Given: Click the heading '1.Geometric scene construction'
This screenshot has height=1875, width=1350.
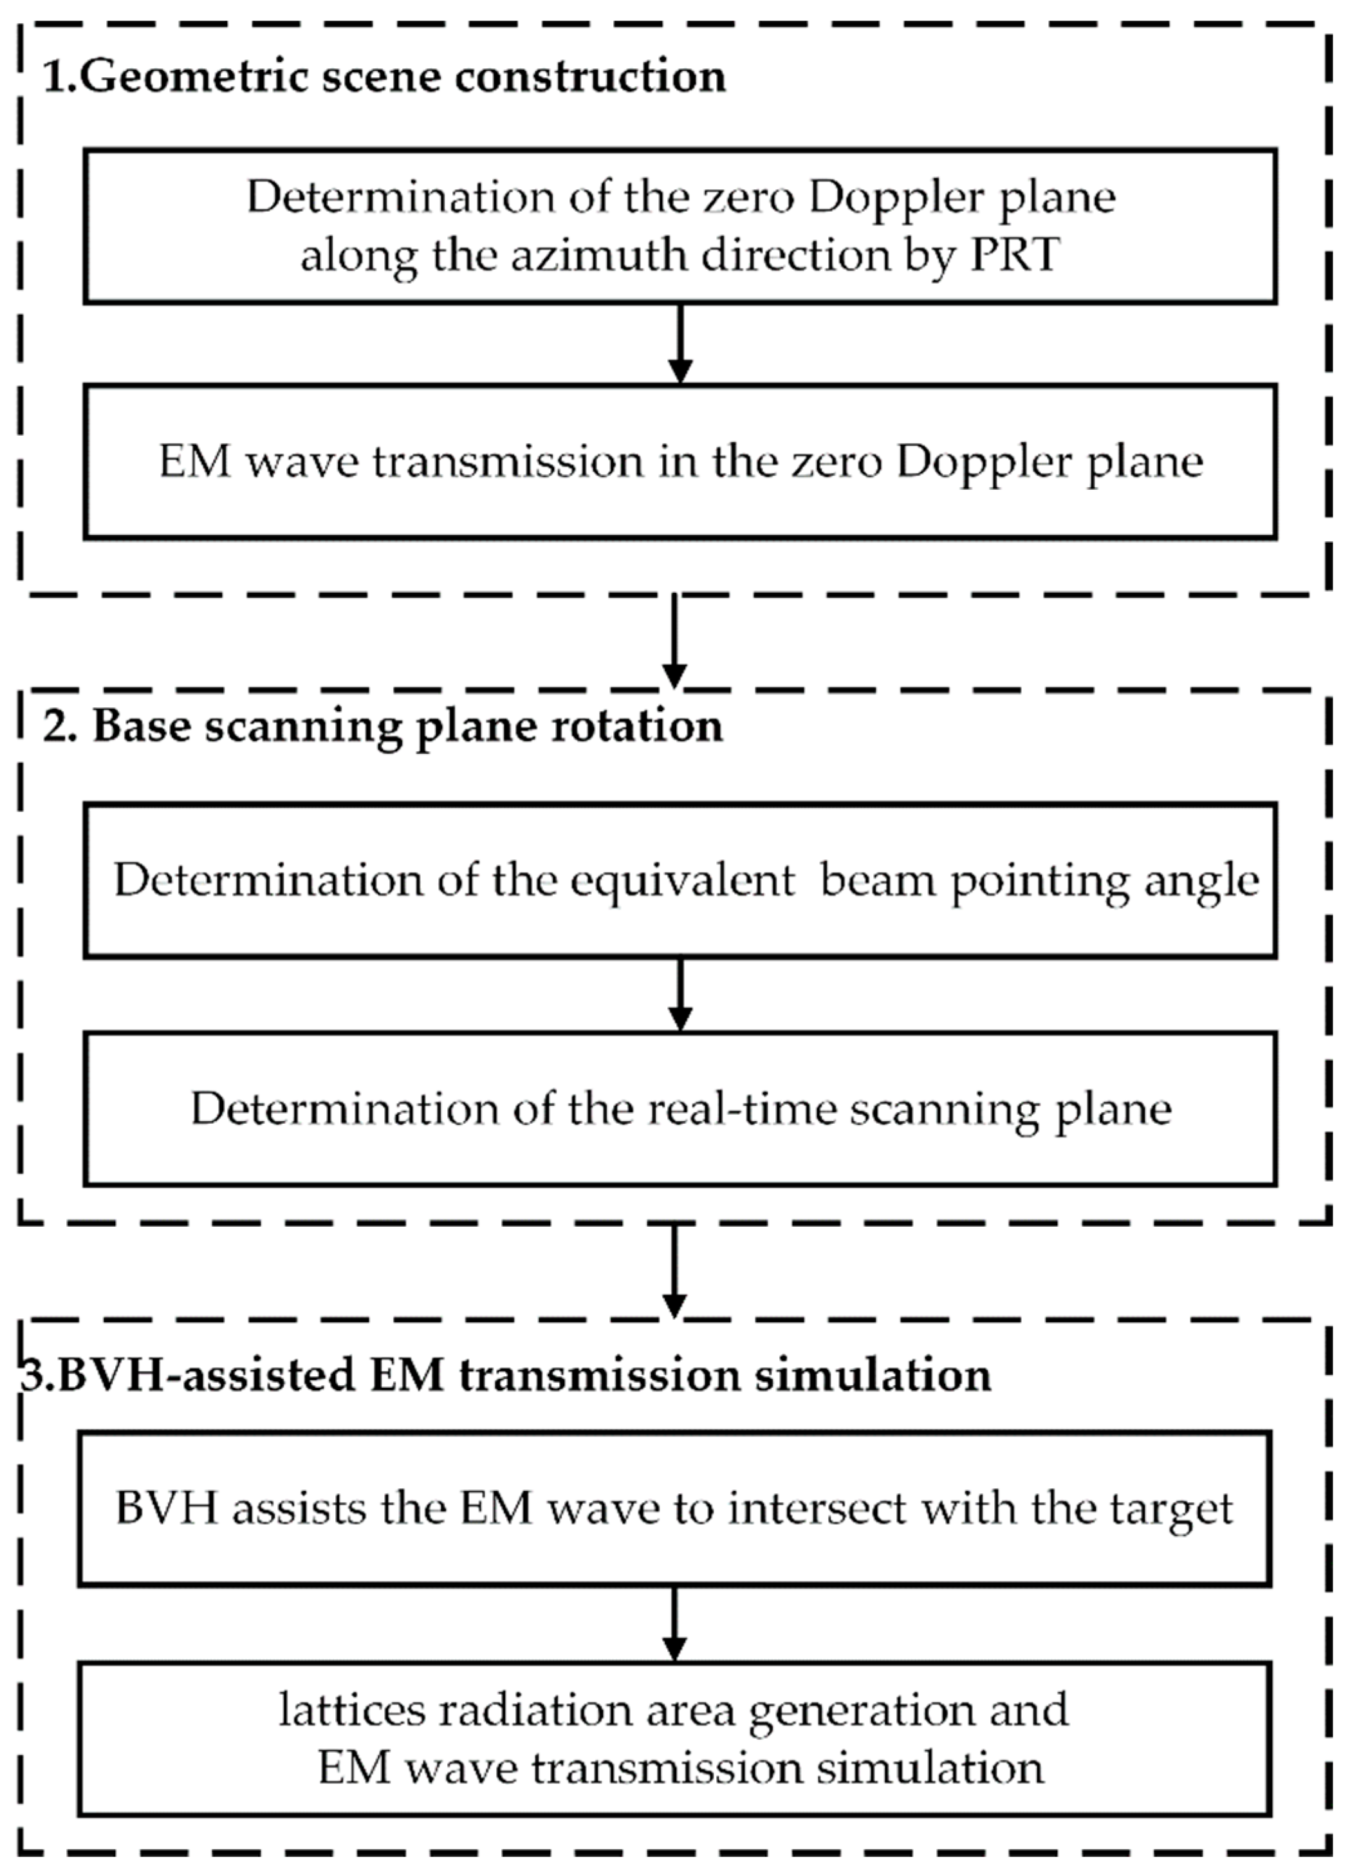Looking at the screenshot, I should (x=384, y=77).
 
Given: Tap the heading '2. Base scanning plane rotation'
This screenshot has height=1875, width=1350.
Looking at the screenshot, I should (x=383, y=726).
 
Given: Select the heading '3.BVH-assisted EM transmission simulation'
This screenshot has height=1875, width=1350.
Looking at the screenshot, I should (x=505, y=1375).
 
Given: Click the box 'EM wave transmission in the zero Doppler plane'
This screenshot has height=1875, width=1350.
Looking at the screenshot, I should (x=680, y=462).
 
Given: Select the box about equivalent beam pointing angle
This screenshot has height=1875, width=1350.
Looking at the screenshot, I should (x=680, y=880).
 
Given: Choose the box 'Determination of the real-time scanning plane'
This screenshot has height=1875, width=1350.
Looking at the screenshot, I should (x=680, y=1108).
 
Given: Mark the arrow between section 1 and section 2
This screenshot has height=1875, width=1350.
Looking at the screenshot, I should (x=674, y=640).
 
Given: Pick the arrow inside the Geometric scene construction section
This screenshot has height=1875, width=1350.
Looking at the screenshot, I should (x=680, y=343).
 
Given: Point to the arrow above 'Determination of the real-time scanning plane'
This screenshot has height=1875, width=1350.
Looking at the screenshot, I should (x=680, y=994).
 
